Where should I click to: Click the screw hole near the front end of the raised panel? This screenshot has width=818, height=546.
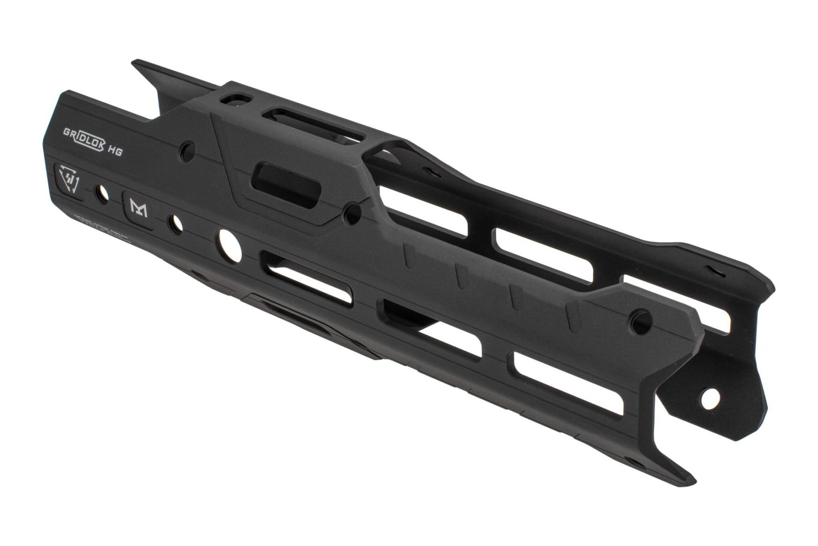coord(640,322)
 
